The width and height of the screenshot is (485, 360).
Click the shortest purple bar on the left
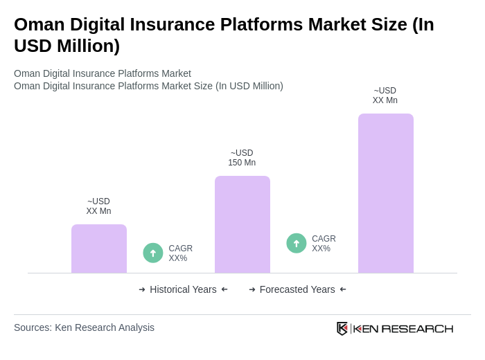[98, 249]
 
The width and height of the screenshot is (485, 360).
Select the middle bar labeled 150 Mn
[242, 224]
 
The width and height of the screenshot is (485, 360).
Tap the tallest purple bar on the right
[385, 193]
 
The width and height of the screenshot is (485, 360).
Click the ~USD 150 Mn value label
[242, 158]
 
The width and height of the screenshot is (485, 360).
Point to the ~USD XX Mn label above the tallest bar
[385, 96]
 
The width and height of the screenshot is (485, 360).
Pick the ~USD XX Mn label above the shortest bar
[98, 206]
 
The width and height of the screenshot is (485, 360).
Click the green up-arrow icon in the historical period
[153, 253]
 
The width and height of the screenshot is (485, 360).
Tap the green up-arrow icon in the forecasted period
[297, 243]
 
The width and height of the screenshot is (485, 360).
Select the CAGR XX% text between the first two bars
[180, 253]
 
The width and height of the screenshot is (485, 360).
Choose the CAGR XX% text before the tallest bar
[324, 244]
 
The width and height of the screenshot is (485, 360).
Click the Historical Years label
[183, 289]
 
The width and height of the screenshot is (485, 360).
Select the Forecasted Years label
[297, 289]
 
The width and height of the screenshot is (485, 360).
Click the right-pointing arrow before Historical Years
[142, 289]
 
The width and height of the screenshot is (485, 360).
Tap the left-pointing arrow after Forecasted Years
[343, 289]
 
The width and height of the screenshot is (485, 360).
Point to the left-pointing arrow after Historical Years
[224, 289]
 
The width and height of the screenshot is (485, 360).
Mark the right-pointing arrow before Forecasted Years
[252, 289]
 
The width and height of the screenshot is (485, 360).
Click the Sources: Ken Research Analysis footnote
[84, 327]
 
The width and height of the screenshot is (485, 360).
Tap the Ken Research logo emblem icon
[342, 328]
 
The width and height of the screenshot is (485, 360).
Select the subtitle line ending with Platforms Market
[103, 73]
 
